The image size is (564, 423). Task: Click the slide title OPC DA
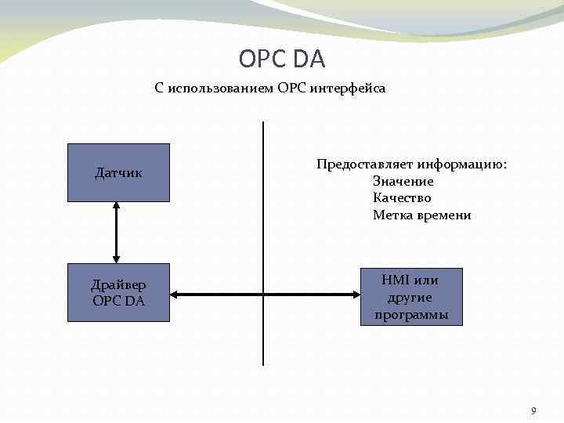(281, 59)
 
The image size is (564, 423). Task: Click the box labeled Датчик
(118, 172)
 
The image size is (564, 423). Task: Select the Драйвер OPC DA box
(118, 292)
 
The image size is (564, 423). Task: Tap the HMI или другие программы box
(410, 297)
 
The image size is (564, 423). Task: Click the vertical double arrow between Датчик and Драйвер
(116, 232)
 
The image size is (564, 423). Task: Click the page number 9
(533, 410)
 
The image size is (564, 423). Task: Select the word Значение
(403, 181)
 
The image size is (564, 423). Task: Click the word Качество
(402, 198)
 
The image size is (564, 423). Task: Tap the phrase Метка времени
(421, 215)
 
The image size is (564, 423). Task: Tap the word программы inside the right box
(410, 314)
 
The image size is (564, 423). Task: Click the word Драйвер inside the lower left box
(118, 284)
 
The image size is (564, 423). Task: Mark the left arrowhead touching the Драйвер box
(175, 295)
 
